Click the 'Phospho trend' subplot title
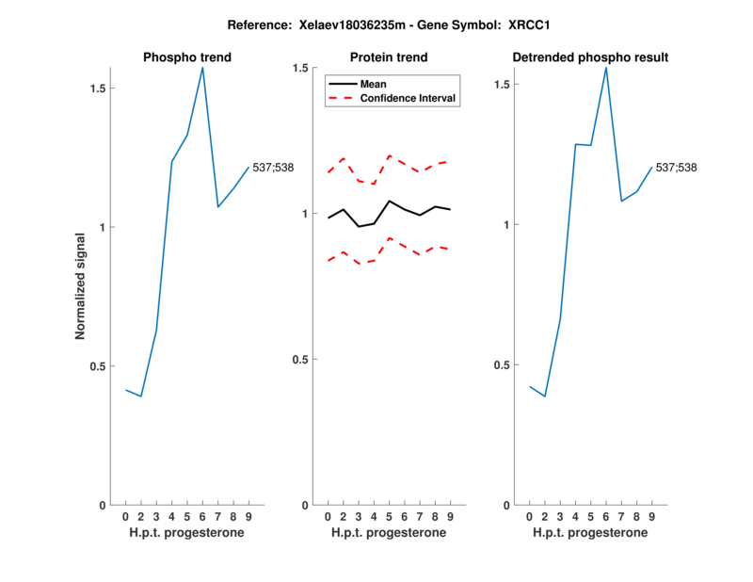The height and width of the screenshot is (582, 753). [x=186, y=57]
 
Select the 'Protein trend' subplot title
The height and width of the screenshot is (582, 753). [x=389, y=57]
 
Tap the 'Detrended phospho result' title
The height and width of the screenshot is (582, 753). [x=590, y=57]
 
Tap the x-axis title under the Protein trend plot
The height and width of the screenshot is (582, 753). [x=389, y=533]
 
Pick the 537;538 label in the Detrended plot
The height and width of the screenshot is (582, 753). [x=678, y=168]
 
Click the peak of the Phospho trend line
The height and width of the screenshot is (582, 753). [x=202, y=68]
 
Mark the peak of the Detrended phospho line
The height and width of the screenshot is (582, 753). [x=606, y=67]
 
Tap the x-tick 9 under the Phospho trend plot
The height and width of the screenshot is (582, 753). [x=248, y=517]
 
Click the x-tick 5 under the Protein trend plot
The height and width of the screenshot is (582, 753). [x=389, y=517]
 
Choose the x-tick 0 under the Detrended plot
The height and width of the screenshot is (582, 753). [x=530, y=517]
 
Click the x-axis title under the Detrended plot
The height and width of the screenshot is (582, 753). [x=590, y=533]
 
